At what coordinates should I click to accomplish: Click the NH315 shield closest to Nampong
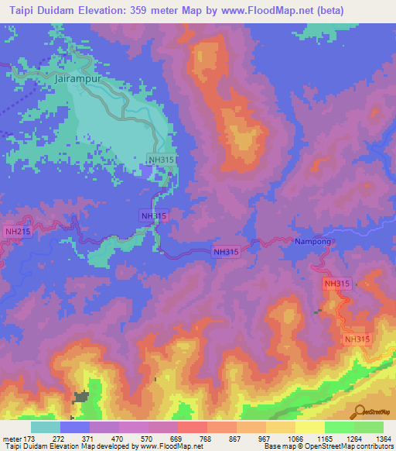click(337, 284)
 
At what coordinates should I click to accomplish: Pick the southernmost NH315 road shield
click(357, 339)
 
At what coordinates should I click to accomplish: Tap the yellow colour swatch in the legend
click(309, 427)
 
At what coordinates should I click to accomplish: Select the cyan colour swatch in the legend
click(45, 427)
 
